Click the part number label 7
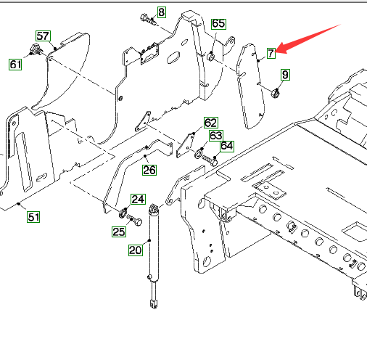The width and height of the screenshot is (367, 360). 271,53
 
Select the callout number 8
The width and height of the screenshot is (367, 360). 162,12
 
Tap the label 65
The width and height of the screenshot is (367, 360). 218,24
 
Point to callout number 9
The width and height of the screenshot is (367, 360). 285,75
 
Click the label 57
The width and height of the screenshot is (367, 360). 43,36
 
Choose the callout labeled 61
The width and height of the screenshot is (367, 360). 15,65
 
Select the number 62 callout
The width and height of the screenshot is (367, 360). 210,123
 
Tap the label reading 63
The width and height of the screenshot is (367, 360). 215,136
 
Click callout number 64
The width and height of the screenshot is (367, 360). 227,146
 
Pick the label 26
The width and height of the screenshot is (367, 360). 149,170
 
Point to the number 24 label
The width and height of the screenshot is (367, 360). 138,200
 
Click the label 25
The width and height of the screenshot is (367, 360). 119,232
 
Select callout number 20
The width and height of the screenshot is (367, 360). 136,250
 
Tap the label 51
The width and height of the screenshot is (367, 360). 33,217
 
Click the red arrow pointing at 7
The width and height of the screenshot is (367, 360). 308,38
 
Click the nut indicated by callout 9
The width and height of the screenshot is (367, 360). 275,93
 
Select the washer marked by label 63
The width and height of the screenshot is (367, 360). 199,154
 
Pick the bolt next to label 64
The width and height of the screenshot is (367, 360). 210,160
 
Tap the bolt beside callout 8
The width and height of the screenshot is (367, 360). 148,20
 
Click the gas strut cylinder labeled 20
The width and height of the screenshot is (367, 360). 154,255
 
